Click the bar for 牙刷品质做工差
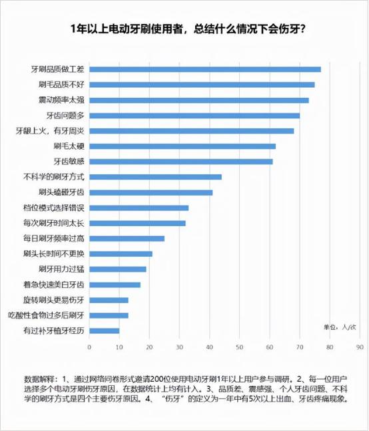205,69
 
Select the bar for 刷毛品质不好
202,84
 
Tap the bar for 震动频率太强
199,100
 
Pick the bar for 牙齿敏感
181,161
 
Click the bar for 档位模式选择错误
139,208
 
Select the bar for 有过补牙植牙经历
105,330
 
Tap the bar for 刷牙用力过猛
118,269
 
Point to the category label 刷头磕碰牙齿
61,192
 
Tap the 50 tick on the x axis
240,347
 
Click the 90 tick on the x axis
360,347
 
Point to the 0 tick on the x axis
89,347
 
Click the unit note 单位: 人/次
340,327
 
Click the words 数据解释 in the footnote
39,378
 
